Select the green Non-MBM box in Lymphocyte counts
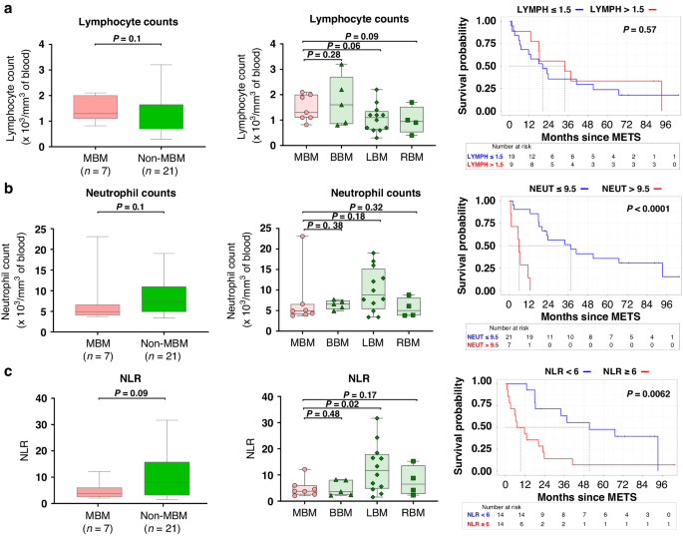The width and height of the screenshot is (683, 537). point(161,117)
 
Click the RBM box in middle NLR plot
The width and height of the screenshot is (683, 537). point(409,466)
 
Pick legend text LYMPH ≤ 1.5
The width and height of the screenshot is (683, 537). point(545,8)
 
